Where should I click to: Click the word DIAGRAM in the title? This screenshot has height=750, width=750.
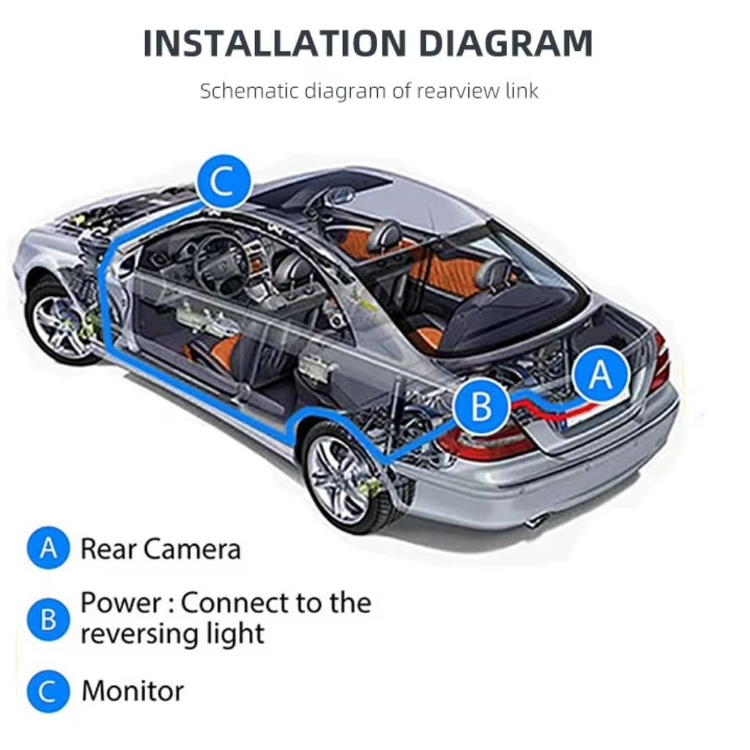[x=505, y=43]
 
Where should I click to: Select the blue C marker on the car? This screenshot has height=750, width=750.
[x=224, y=182]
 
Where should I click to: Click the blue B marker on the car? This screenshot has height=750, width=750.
[x=482, y=406]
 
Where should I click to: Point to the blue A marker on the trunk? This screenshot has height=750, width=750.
[x=601, y=374]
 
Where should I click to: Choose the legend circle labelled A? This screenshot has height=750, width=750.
[x=48, y=548]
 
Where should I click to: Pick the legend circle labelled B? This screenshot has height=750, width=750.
[x=48, y=620]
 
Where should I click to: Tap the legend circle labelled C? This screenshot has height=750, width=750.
[x=48, y=691]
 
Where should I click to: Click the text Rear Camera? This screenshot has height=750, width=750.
[x=160, y=549]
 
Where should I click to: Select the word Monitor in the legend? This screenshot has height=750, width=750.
[x=133, y=691]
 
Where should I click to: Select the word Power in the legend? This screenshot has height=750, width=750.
[x=121, y=603]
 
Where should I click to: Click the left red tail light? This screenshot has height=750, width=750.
[x=484, y=442]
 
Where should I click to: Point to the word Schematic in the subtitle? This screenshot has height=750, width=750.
[x=249, y=91]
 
